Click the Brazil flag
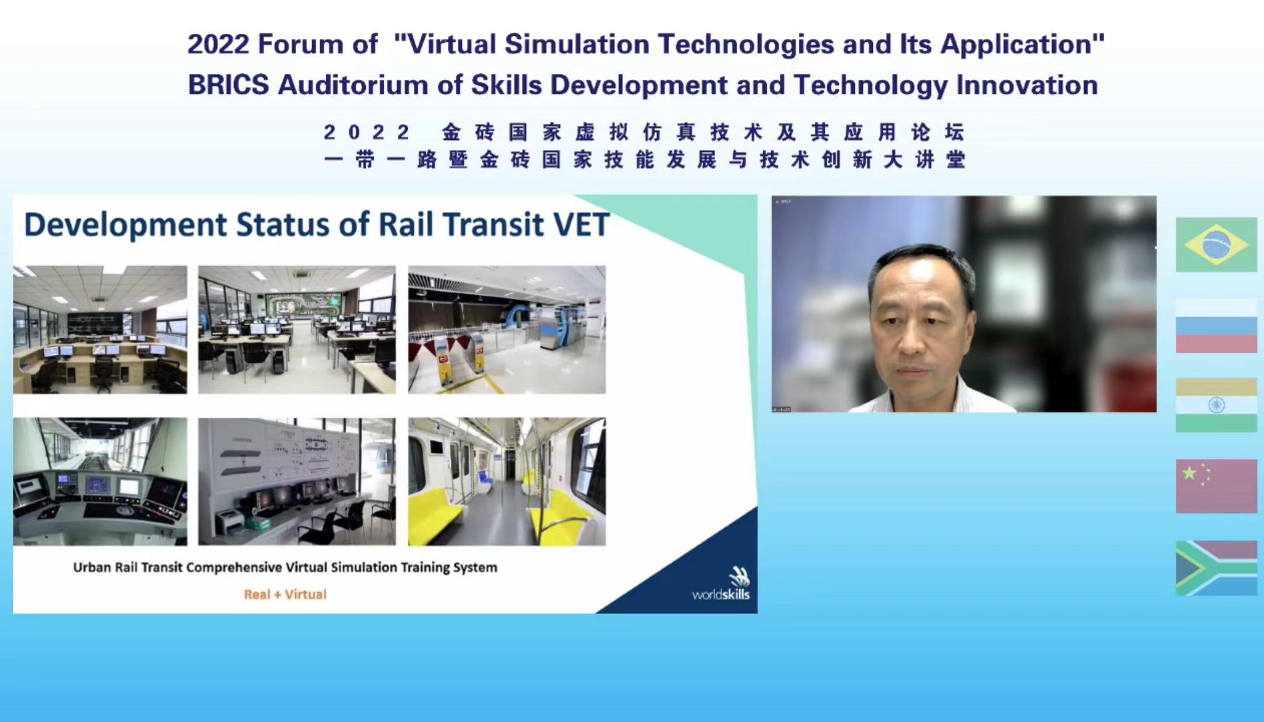click(x=1216, y=244)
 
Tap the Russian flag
click(x=1216, y=326)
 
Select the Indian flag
click(x=1216, y=405)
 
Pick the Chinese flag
click(x=1216, y=486)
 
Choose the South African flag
click(x=1216, y=568)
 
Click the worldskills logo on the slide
click(x=722, y=584)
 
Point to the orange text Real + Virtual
click(x=285, y=594)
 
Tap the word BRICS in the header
click(x=228, y=85)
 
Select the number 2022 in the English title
click(x=218, y=44)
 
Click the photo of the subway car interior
click(x=506, y=481)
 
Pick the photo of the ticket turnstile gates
click(x=506, y=330)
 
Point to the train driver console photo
click(x=100, y=481)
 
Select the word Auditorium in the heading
click(x=353, y=85)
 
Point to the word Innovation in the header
click(x=1027, y=85)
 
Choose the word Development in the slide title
click(x=125, y=225)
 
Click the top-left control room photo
click(x=100, y=330)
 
